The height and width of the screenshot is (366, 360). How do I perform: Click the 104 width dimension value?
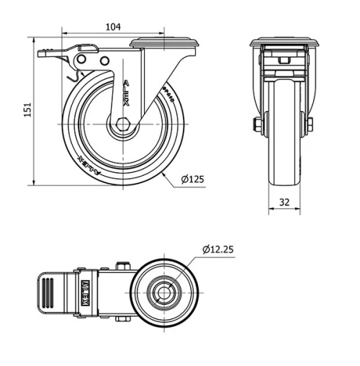pyautogui.click(x=112, y=27)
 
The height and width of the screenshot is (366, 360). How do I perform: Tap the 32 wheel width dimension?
pyautogui.click(x=284, y=202)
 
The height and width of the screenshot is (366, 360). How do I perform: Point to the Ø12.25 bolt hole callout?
pyautogui.click(x=217, y=250)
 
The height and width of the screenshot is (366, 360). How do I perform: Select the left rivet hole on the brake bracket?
pyautogui.click(x=81, y=59)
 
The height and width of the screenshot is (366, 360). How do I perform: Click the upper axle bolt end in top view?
pyautogui.click(x=125, y=267)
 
